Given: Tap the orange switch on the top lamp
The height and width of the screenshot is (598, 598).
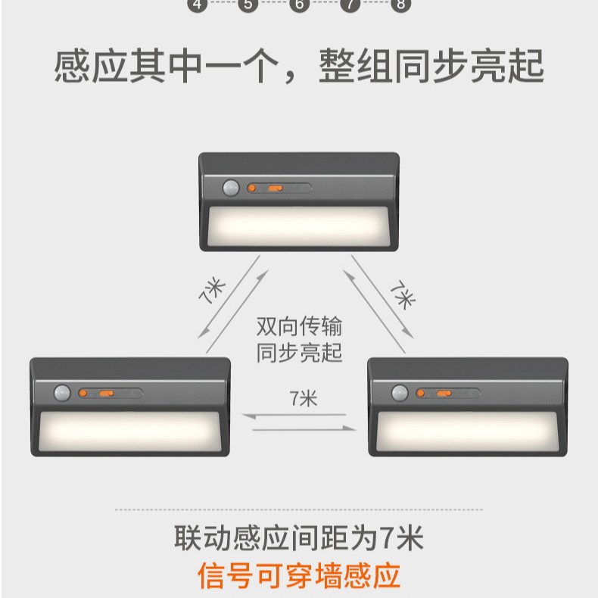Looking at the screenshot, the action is click(275, 188).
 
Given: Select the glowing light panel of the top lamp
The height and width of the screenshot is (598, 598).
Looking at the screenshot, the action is click(299, 225).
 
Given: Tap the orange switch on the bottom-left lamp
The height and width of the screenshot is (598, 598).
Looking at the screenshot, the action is click(106, 394).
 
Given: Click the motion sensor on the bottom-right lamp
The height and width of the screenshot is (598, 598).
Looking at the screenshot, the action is click(400, 394).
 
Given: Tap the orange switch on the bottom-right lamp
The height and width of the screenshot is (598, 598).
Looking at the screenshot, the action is click(444, 394).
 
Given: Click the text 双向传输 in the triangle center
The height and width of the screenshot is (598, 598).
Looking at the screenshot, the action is click(299, 327).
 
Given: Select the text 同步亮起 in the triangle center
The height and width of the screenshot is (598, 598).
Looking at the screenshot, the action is click(299, 352).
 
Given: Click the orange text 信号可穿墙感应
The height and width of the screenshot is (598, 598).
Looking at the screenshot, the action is click(299, 575).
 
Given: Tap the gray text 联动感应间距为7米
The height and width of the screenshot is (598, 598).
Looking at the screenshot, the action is click(299, 539).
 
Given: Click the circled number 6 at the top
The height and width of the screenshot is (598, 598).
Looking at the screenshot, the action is click(300, 5).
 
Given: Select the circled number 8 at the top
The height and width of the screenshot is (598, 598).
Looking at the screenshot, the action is click(400, 5).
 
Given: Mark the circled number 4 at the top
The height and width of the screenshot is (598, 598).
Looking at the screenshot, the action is click(198, 5).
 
